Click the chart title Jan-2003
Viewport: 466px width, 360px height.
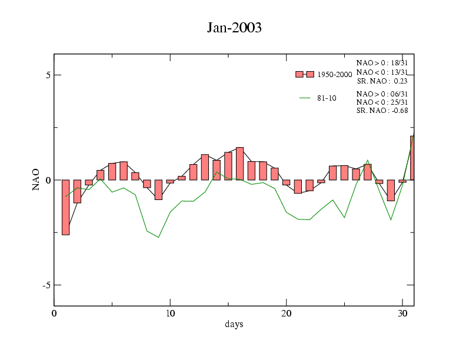tap(234, 28)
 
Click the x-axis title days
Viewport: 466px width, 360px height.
tap(234, 324)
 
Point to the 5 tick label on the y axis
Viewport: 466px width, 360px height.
tap(42, 75)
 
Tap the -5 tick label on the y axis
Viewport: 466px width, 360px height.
tap(41, 285)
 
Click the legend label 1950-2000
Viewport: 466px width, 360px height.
tap(334, 75)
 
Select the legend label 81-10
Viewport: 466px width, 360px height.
tap(327, 98)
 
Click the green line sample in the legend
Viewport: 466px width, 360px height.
tap(305, 98)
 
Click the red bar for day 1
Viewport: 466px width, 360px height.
tap(65, 207)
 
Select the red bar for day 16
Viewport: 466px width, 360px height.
tap(239, 164)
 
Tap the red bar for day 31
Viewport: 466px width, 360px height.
tap(412, 158)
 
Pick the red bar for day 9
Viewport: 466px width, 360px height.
tap(158, 189)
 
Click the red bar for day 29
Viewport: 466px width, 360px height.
tap(391, 190)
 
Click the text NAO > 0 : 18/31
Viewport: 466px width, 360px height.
tap(382, 63)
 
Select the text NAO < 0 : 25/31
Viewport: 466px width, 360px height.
tap(382, 102)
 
